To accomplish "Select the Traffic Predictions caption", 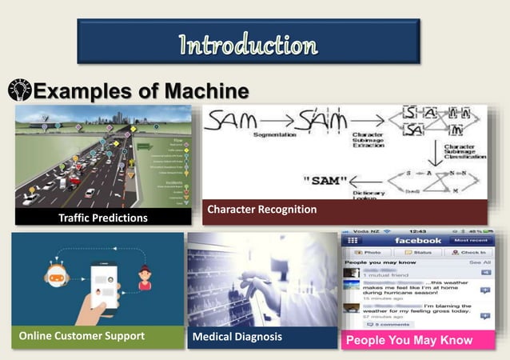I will (x=103, y=218).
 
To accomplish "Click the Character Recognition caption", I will (x=261, y=210).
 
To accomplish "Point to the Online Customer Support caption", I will (x=82, y=337).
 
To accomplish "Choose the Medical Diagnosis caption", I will (x=237, y=337).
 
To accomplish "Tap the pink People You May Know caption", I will (x=409, y=340).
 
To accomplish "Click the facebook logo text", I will (x=416, y=240).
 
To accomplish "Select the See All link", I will (x=480, y=262).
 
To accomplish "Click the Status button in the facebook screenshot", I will (x=420, y=252).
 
